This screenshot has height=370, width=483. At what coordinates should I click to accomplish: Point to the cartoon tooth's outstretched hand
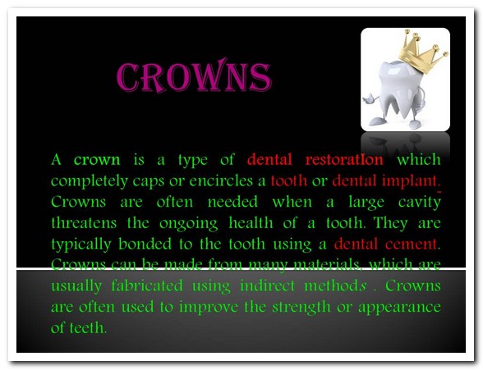370,99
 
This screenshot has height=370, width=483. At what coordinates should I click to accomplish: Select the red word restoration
344,160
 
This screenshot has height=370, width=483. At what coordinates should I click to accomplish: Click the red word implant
409,181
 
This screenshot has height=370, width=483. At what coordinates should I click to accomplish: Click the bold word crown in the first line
97,160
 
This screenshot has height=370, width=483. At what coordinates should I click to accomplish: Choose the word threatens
84,222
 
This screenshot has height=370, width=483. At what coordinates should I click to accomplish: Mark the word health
251,222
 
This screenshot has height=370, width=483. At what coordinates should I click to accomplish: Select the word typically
81,244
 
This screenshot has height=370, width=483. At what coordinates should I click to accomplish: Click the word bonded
145,244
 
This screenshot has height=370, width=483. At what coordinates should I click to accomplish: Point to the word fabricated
147,285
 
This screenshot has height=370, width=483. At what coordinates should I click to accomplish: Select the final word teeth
87,327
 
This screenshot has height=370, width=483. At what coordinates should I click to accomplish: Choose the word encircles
221,181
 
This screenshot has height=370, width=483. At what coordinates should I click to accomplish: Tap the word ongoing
189,224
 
